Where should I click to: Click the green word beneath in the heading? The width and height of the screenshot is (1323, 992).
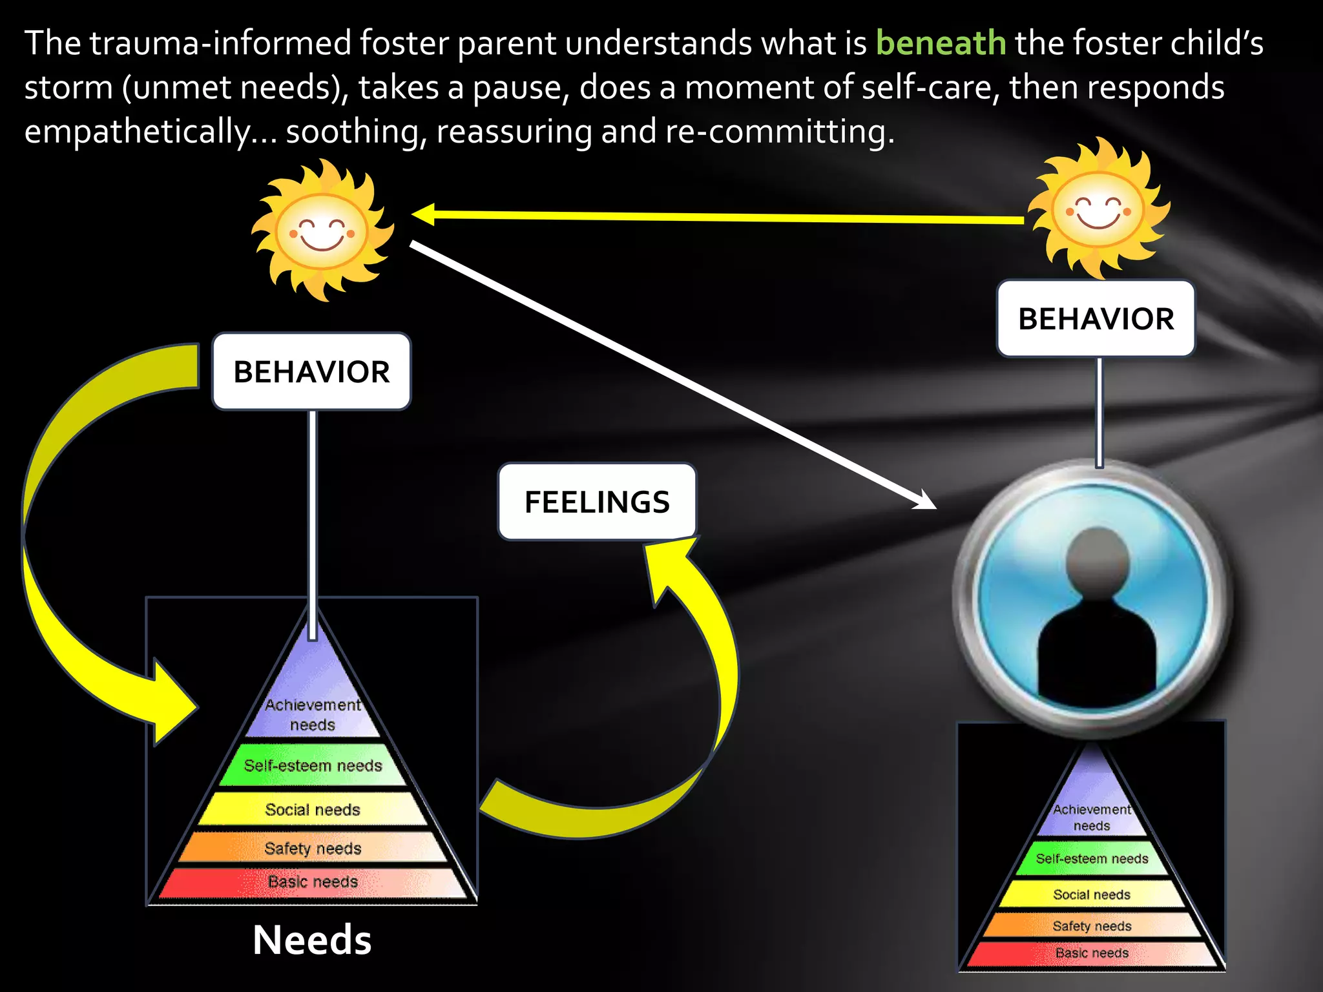tap(941, 44)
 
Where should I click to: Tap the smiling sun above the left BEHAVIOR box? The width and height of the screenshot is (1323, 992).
tap(322, 231)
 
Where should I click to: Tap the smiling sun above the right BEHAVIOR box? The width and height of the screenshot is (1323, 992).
tap(1098, 209)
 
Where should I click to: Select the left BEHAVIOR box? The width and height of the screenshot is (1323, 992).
tap(311, 371)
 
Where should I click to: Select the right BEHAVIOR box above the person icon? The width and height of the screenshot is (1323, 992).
tap(1096, 318)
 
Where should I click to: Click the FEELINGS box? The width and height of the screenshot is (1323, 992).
tap(597, 502)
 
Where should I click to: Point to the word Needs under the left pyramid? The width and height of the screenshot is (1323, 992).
tap(312, 940)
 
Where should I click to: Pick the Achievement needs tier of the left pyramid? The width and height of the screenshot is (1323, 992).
tap(313, 714)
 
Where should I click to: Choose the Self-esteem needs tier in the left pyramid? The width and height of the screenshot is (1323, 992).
tap(313, 765)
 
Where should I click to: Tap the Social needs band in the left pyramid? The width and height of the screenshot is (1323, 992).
tap(313, 809)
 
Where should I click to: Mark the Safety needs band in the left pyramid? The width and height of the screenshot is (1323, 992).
tap(313, 848)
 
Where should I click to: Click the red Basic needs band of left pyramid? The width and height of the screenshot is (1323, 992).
tap(313, 882)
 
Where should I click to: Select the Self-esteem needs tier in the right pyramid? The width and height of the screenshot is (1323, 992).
tap(1092, 858)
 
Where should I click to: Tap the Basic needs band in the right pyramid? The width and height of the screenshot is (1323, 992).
tap(1092, 953)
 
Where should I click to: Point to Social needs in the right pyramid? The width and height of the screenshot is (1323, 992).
tap(1092, 894)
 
